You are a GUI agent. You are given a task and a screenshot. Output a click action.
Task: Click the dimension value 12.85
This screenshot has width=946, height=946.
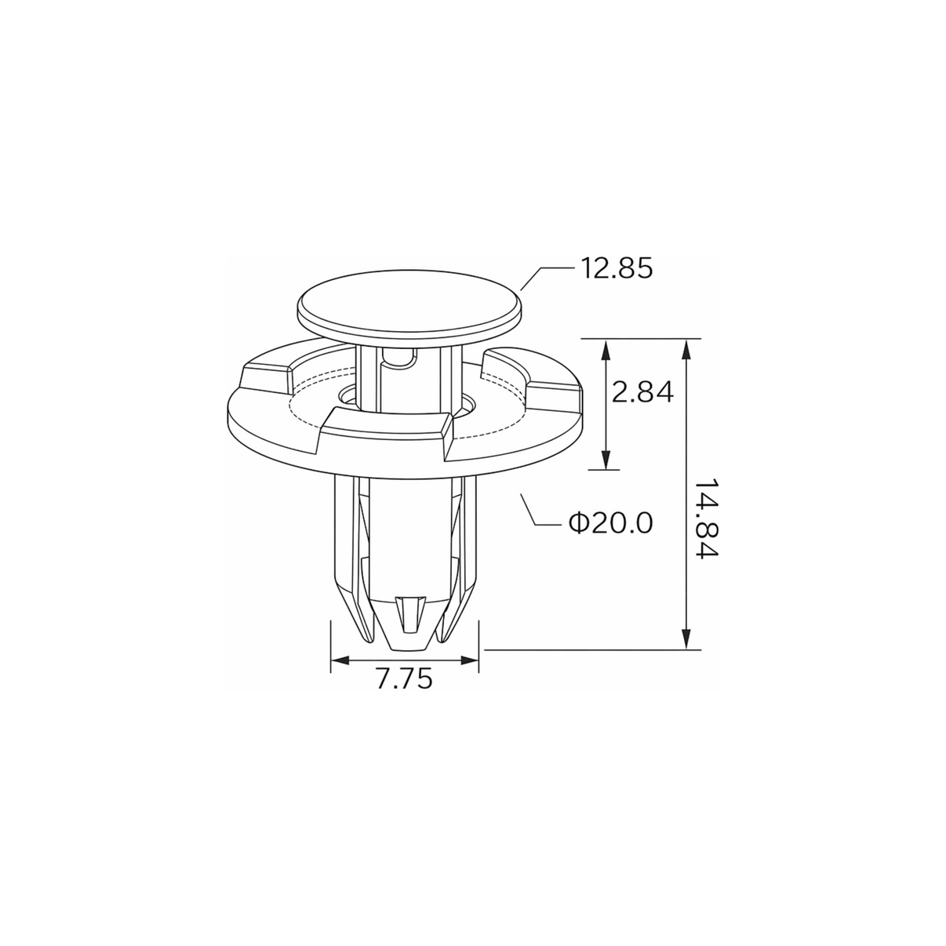pyautogui.click(x=617, y=268)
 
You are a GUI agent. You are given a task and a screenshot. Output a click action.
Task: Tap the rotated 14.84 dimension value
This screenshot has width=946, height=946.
pyautogui.click(x=707, y=518)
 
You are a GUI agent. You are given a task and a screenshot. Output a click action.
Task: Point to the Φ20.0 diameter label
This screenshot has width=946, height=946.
pyautogui.click(x=611, y=523)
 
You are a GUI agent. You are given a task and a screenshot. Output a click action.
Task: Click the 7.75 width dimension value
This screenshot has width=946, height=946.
pyautogui.click(x=405, y=679)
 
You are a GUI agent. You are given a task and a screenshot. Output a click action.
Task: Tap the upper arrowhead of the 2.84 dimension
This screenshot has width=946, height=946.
pyautogui.click(x=606, y=351)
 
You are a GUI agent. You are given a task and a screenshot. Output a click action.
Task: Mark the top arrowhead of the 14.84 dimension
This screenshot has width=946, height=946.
pyautogui.click(x=687, y=351)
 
